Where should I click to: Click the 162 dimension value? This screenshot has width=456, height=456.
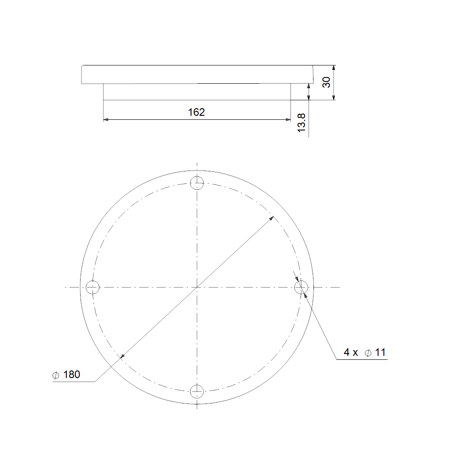tap(196, 112)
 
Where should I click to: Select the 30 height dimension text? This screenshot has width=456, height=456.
tap(326, 82)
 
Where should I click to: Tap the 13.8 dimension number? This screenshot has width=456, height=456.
tap(301, 123)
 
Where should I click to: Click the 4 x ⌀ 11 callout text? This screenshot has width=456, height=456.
tap(365, 353)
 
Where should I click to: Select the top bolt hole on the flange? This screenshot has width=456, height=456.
tap(197, 183)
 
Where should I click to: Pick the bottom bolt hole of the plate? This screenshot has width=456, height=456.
tap(197, 391)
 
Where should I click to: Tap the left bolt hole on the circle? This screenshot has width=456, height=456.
tap(93, 287)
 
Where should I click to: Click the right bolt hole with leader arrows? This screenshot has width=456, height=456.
tap(301, 287)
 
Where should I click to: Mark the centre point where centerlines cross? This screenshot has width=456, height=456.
tap(197, 287)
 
